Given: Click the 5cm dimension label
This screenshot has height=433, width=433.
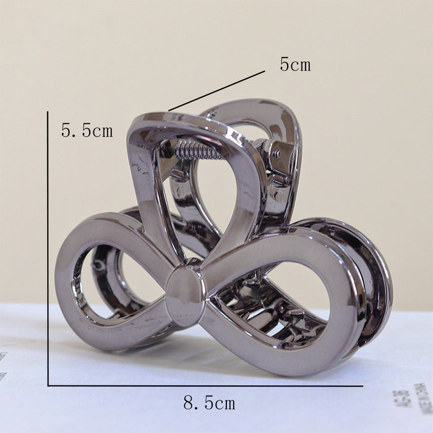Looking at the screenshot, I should [295, 64].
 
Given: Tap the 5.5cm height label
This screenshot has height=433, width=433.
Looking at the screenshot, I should [87, 131].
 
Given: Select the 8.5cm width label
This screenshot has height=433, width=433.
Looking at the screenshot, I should [209, 404].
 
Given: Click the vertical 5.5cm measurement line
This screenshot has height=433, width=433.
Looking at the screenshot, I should [48, 247].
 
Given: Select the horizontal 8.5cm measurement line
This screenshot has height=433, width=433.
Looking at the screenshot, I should [204, 385].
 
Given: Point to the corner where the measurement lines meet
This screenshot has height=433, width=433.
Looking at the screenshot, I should [48, 385].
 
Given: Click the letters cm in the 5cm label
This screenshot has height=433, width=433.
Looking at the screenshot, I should [301, 64].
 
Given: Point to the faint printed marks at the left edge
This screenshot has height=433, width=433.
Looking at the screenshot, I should [3, 365].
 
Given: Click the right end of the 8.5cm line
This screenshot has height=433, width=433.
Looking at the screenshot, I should [361, 385].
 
